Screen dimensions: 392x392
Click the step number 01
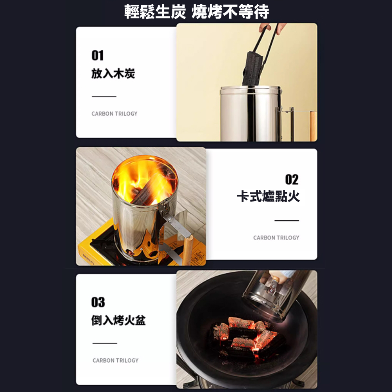(x=98, y=55)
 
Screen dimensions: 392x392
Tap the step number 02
(x=292, y=180)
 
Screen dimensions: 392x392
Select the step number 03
(x=98, y=302)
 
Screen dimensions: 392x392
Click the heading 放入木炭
(x=113, y=74)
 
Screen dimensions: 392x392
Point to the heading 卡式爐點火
(x=268, y=196)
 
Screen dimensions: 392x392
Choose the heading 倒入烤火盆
(x=118, y=320)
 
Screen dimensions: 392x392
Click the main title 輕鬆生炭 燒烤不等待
(x=196, y=11)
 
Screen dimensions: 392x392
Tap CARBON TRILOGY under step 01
(x=114, y=114)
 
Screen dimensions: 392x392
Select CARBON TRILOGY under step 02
(x=276, y=238)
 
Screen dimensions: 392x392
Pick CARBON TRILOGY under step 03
(x=116, y=361)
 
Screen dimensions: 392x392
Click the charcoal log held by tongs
(x=253, y=68)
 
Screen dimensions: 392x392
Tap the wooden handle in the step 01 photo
(x=313, y=126)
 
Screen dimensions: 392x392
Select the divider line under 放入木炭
(x=104, y=96)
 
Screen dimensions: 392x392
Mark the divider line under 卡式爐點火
(x=287, y=220)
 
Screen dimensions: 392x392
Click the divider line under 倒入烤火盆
(x=105, y=343)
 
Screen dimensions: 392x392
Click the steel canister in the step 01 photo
(x=251, y=114)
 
